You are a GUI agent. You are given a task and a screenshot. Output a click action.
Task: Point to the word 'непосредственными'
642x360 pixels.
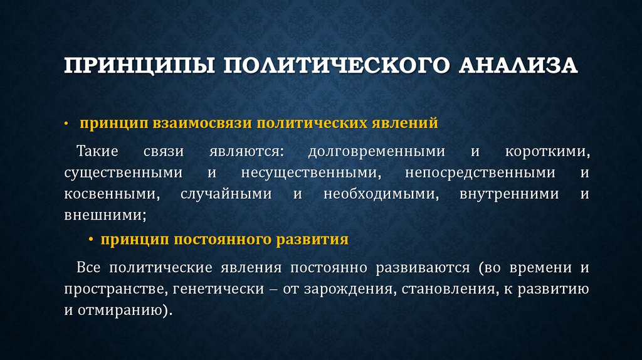(480, 172)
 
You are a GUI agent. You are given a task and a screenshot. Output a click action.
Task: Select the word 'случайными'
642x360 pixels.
(226, 194)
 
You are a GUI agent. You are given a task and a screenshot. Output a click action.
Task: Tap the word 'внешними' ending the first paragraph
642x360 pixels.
(103, 214)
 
